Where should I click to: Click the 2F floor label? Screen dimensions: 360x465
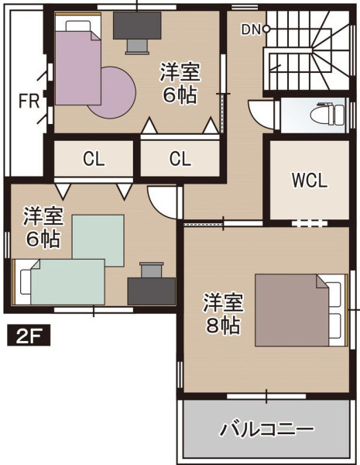29,336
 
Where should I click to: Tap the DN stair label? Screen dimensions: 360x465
252,29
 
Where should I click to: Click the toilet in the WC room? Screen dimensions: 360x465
327,114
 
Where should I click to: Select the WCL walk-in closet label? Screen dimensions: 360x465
310,180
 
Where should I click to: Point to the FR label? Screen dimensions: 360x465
29,101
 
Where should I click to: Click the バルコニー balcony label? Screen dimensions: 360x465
266,429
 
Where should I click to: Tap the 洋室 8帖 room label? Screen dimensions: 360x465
224,314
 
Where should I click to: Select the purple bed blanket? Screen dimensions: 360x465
78,68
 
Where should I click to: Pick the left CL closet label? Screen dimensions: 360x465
94,159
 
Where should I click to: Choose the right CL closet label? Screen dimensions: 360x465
180,159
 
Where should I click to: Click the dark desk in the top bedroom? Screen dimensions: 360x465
137,26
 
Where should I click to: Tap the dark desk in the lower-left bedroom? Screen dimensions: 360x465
152,291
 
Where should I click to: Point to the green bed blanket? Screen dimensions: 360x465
68,282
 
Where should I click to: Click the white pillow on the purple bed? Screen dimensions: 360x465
77,26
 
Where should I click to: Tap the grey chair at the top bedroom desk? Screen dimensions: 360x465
137,46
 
